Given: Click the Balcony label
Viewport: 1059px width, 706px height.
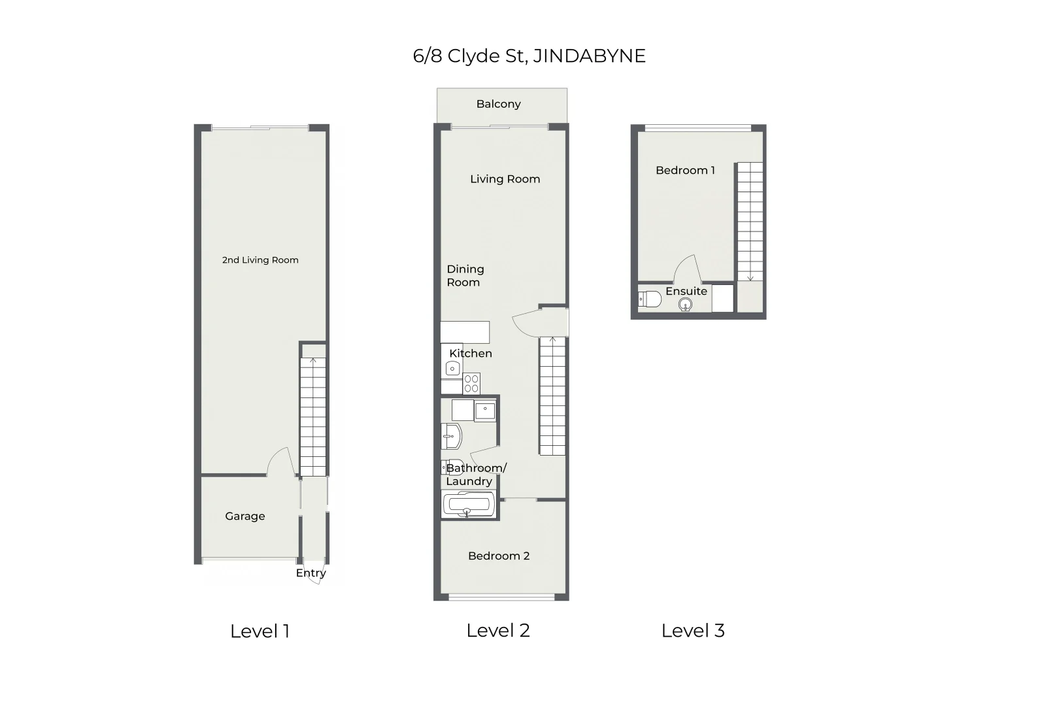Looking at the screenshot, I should (498, 104).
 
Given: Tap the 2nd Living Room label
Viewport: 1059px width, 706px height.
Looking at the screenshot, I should (260, 260).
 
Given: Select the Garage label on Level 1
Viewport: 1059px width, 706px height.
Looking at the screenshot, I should (245, 516).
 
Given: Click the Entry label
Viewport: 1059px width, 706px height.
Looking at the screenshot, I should (311, 573).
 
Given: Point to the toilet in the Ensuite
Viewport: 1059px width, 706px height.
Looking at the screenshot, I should (649, 300).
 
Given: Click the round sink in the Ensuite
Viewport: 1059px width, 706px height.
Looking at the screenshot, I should (685, 305).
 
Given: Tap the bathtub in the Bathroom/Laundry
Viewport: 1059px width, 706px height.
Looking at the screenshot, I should (468, 505).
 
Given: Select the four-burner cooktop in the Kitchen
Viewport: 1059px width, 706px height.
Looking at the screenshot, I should (471, 384).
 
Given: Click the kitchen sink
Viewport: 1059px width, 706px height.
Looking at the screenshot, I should (452, 369).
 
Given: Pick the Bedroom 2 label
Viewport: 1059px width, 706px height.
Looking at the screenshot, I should (499, 556).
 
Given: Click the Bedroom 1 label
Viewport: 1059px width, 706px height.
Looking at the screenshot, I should (685, 171).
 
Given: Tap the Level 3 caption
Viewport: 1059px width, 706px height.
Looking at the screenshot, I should (693, 631).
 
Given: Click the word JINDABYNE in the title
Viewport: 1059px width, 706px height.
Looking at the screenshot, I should (589, 56).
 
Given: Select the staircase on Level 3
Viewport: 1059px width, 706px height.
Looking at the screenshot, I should (750, 222).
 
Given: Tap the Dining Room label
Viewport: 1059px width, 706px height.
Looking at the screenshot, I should (465, 276).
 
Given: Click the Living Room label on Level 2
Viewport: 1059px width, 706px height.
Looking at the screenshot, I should (505, 179).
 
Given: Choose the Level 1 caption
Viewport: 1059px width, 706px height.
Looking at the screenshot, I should (260, 631).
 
